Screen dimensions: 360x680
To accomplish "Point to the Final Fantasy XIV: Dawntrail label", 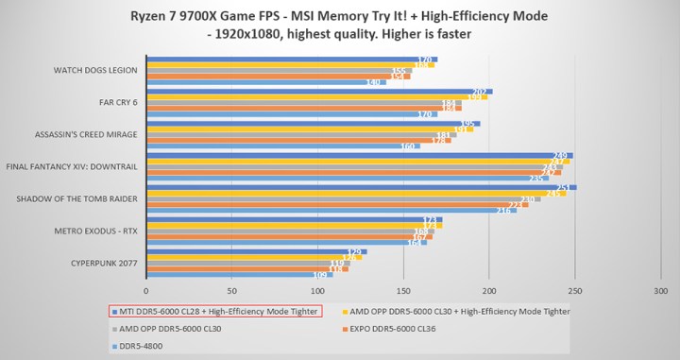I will tap(73, 166).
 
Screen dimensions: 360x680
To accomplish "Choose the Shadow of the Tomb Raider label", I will tap(77, 198).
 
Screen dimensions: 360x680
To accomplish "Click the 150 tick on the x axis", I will tap(402, 290).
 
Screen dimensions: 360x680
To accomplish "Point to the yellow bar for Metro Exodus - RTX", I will tap(293, 225).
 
